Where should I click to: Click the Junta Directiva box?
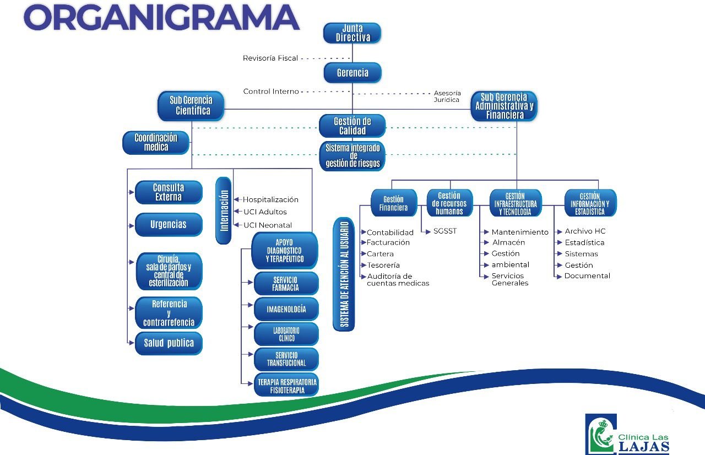(352, 34)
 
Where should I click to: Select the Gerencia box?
(352, 73)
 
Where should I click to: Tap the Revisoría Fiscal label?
(270, 58)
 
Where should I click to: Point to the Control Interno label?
(271, 91)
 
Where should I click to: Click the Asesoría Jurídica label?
(447, 96)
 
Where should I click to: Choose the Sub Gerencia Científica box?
(192, 105)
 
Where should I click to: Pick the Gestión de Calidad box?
(352, 126)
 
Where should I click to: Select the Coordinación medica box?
(156, 143)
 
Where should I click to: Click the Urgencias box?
(169, 224)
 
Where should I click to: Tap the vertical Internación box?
(224, 209)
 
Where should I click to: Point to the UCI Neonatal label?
(268, 225)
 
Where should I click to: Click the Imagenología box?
(286, 309)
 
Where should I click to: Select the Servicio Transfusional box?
(286, 359)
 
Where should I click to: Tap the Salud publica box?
(169, 343)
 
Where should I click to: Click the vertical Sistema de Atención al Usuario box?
(344, 274)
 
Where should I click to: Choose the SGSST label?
(444, 231)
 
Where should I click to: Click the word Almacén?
(508, 242)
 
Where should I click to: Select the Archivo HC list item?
(585, 231)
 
